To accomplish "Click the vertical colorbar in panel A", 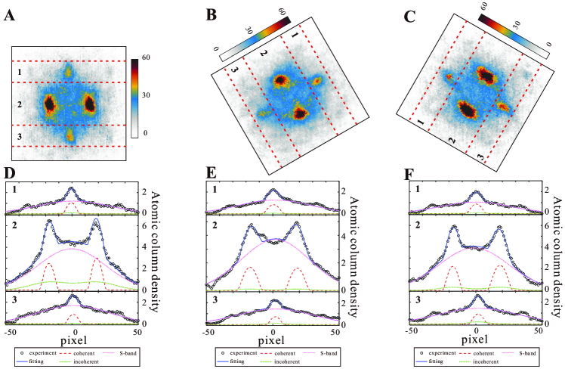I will coord(134,95).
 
